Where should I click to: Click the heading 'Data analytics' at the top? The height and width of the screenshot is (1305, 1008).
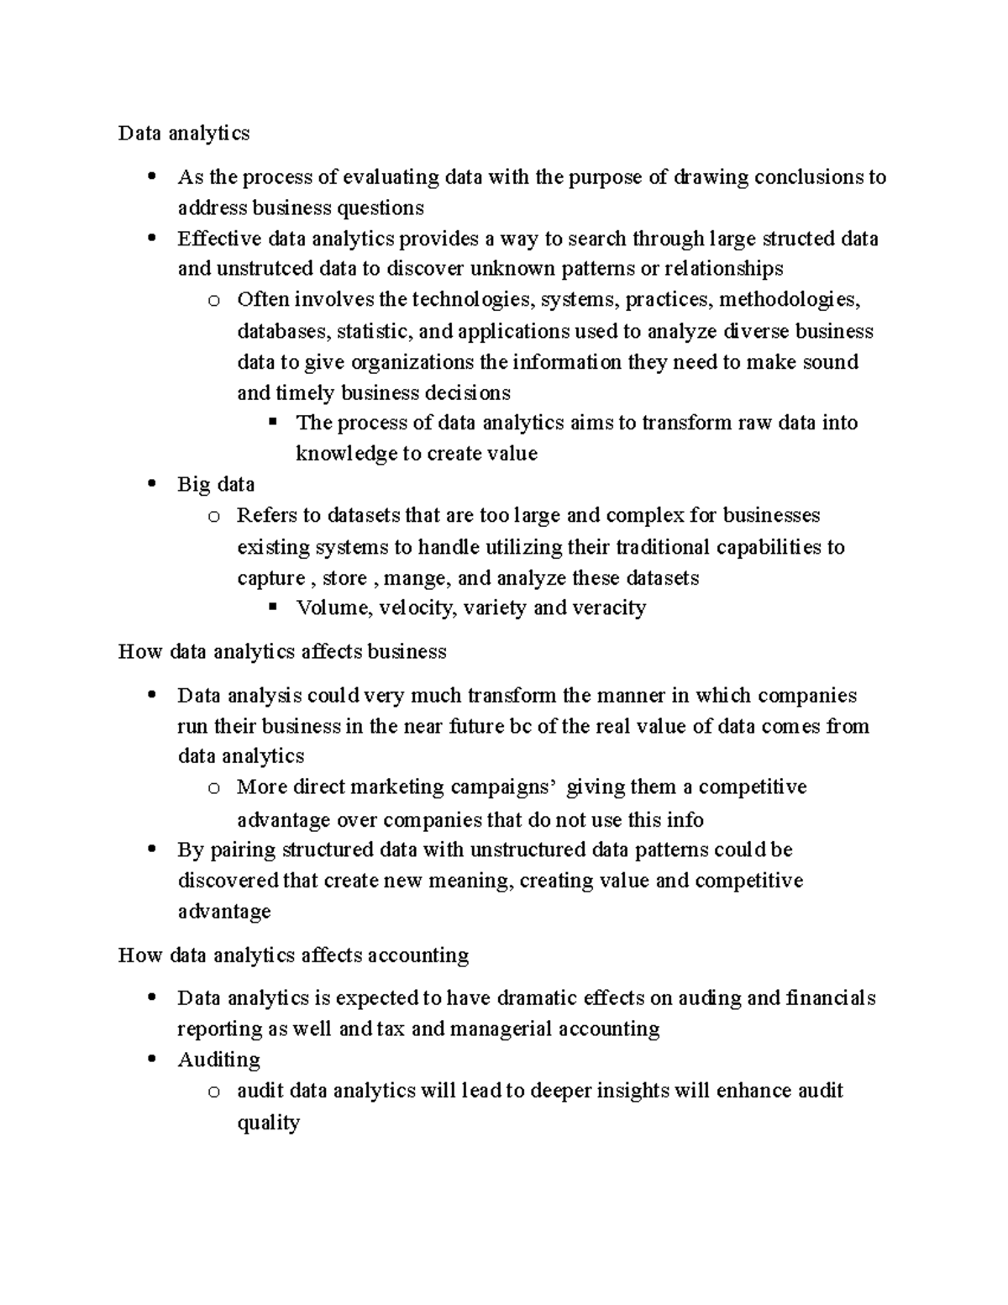[x=184, y=133]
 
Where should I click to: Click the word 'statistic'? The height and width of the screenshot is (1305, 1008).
[x=373, y=331]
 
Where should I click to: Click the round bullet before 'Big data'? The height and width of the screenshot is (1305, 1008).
[x=151, y=484]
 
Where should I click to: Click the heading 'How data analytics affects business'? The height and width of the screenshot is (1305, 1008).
[x=282, y=651]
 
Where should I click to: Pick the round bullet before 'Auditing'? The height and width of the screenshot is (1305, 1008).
[x=151, y=1060]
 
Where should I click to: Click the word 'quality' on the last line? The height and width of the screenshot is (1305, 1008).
[x=268, y=1123]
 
